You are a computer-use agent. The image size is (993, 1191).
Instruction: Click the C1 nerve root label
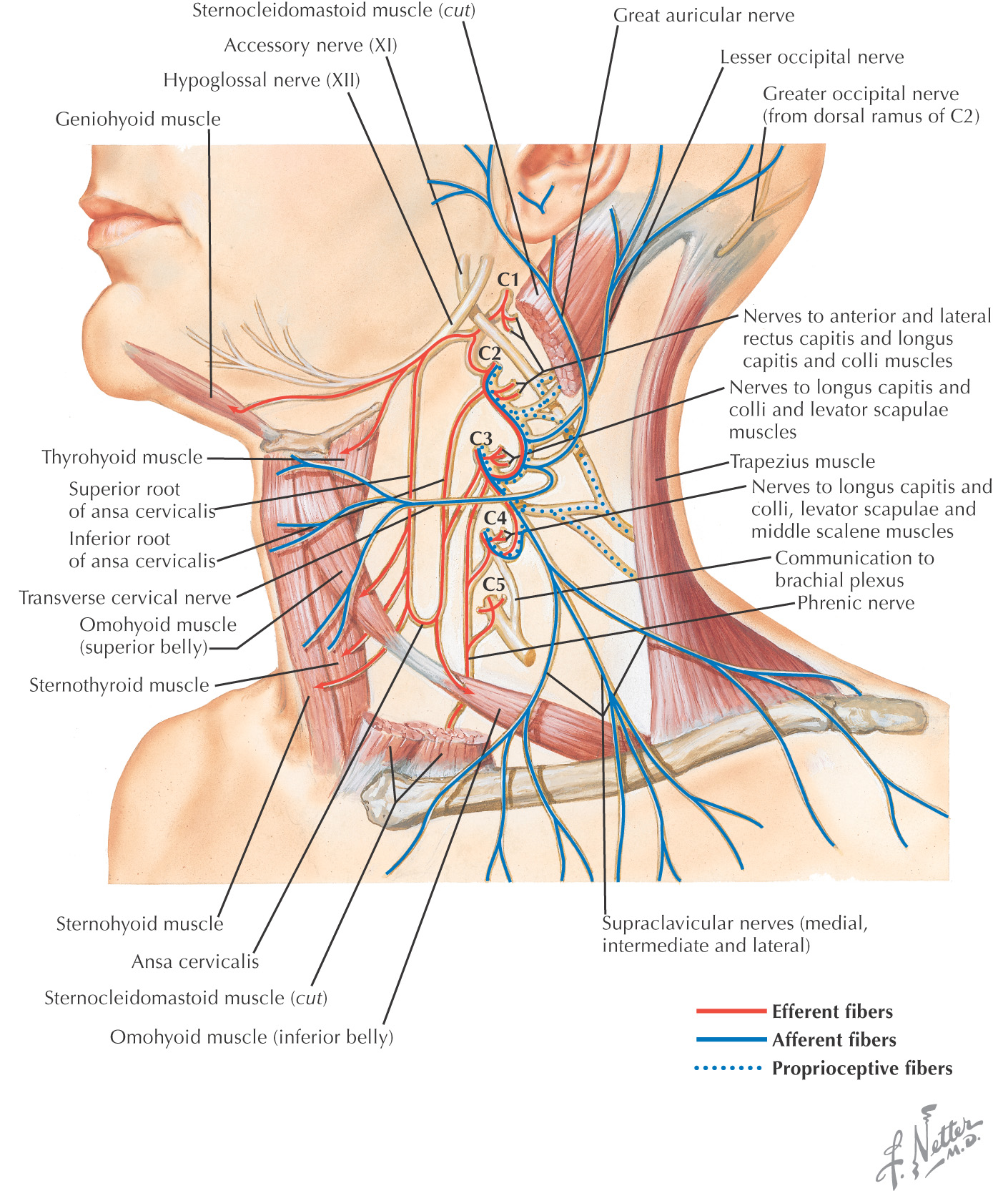pos(508,279)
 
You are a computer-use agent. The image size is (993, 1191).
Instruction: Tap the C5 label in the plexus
pos(494,584)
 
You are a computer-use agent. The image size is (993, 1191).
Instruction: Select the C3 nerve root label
pos(481,438)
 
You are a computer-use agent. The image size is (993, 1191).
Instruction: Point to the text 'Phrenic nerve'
pos(856,603)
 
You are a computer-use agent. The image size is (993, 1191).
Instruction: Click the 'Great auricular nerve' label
pos(703,15)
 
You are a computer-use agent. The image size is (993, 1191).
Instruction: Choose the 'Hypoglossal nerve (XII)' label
pos(262,79)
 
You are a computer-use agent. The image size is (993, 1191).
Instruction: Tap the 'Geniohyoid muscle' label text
pos(138,119)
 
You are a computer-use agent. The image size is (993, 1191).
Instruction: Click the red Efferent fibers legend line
pos(731,1011)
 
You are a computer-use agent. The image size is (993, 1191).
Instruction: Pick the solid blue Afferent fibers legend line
pos(731,1039)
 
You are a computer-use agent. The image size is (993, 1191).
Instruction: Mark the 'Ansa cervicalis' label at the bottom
pos(195,961)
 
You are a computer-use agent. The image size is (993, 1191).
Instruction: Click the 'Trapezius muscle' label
pos(802,461)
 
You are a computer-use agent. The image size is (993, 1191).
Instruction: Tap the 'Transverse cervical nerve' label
pos(125,597)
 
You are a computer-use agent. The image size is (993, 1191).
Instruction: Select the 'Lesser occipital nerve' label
pos(811,57)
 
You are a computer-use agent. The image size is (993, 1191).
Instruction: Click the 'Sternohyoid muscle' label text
pos(139,923)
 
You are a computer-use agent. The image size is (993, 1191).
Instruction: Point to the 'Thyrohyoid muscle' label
pos(122,457)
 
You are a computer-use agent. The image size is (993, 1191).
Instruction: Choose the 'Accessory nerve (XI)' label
pos(310,45)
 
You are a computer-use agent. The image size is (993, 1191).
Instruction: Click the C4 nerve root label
pos(495,516)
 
